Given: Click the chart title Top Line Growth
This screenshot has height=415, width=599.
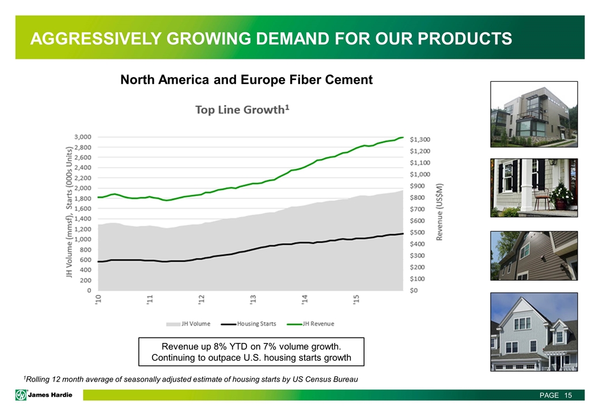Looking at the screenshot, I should tap(241, 110).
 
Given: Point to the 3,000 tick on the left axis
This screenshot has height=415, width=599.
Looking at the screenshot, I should tap(82, 137).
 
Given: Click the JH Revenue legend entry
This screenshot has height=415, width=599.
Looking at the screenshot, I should tap(315, 323).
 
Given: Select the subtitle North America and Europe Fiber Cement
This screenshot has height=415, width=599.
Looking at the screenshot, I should tap(246, 80).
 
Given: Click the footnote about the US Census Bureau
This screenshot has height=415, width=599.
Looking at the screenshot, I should tap(190, 379).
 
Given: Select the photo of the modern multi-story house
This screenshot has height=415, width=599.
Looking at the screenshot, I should tap(533, 114).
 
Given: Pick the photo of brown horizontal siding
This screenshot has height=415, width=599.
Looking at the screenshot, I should tap(533, 255).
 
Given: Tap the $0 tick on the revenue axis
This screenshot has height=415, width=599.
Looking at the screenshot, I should tap(415, 290).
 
